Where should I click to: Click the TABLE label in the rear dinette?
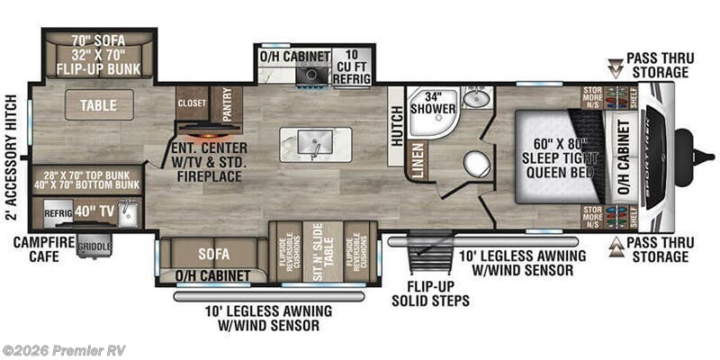(x=98, y=105)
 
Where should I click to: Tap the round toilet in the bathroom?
(x=475, y=164)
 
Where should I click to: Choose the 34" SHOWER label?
(x=427, y=103)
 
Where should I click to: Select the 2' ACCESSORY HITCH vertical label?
(x=12, y=157)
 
